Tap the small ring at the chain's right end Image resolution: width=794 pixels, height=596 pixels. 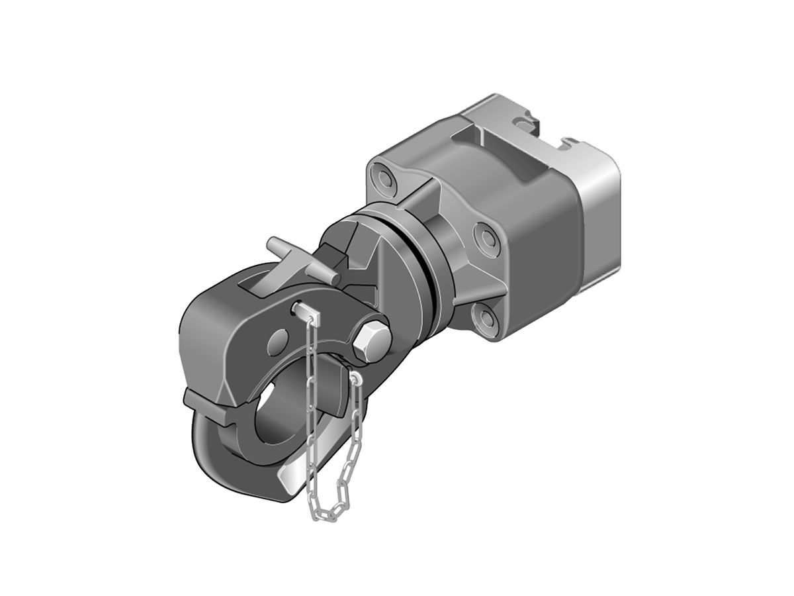(x=356, y=379)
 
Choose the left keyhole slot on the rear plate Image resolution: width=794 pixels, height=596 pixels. (x=524, y=120)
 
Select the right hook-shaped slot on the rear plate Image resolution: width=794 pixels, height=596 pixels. (x=570, y=140)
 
